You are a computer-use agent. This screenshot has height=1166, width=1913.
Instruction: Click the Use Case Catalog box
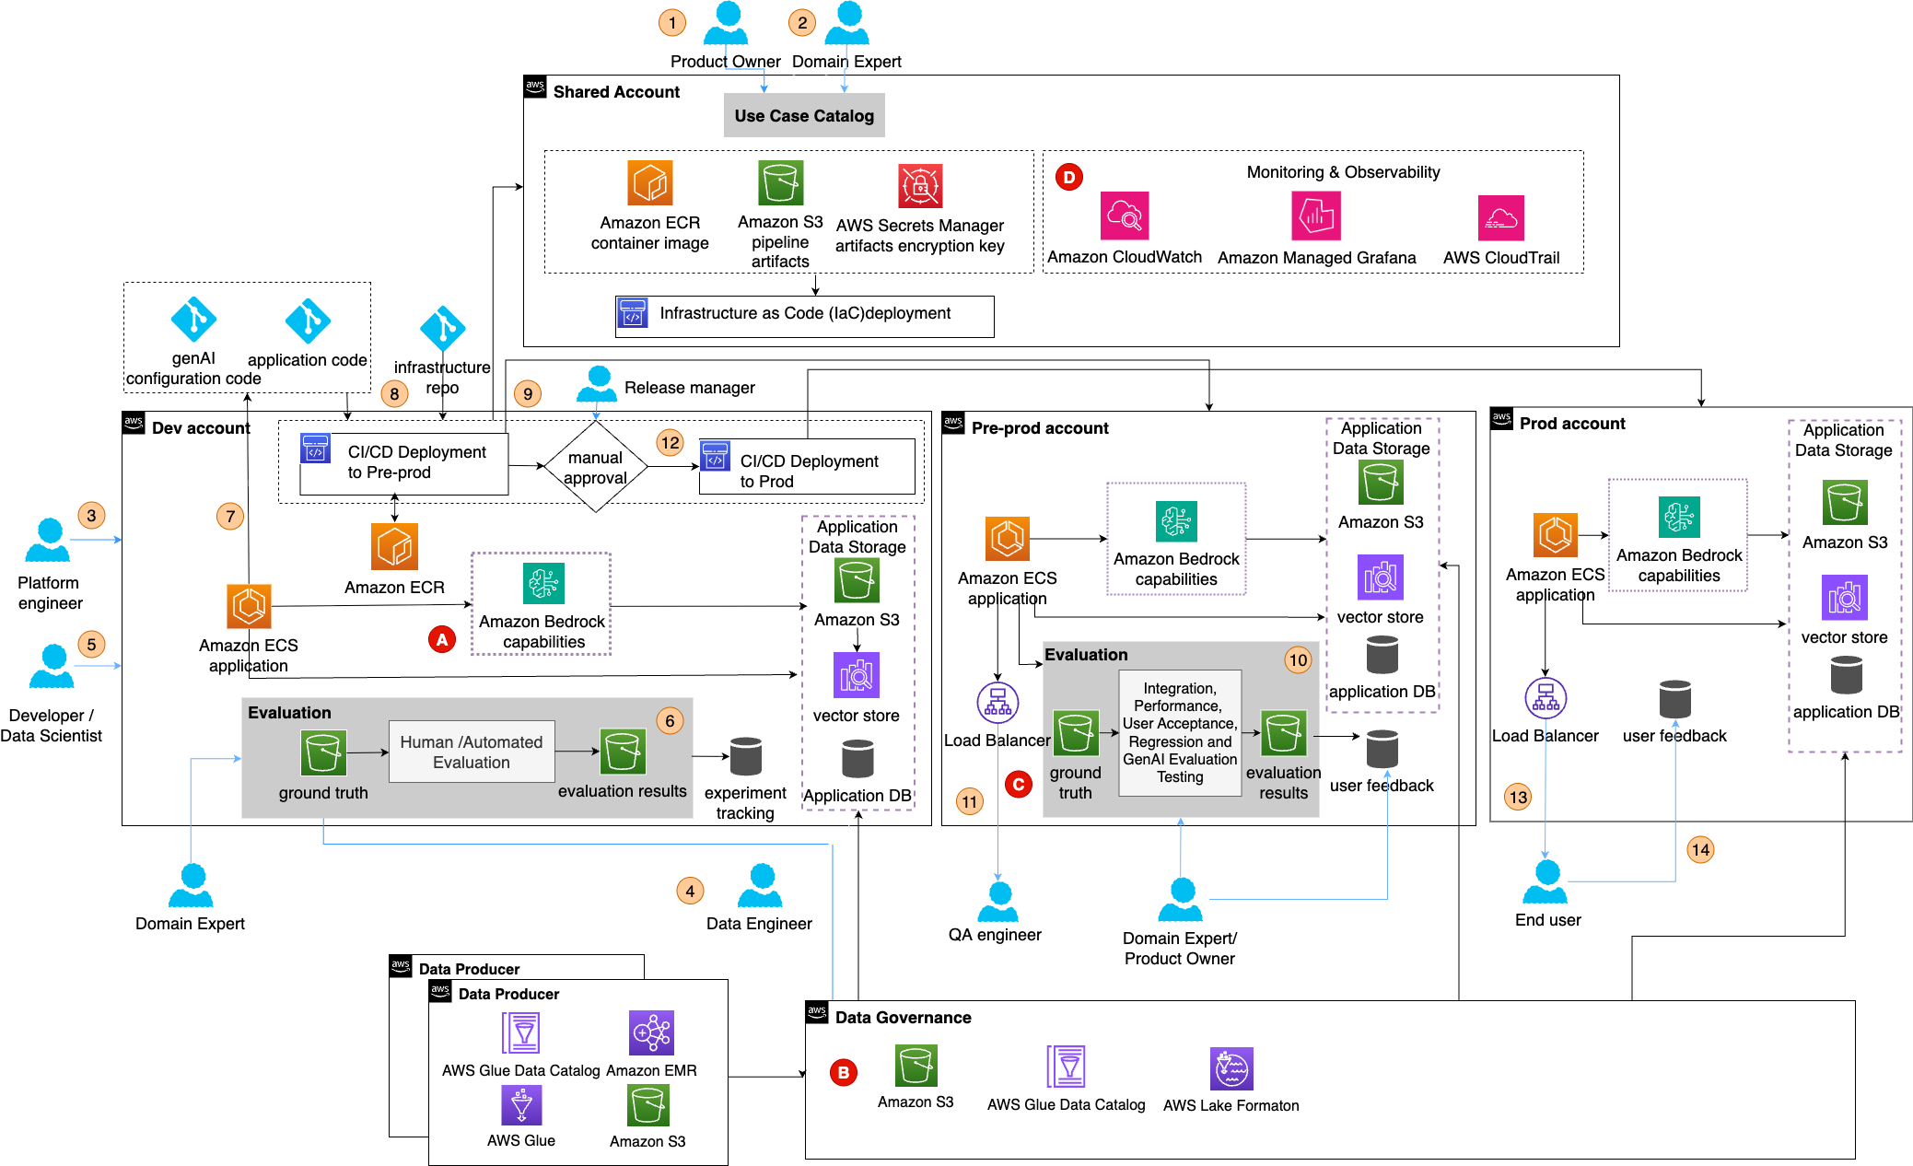coord(803,116)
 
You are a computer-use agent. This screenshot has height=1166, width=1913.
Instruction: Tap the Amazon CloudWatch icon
coord(1124,216)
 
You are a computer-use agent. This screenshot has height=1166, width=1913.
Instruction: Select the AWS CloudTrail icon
coord(1500,218)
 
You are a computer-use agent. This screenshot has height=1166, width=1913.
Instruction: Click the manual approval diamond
coord(596,467)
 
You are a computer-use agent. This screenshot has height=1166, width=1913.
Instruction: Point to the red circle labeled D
coord(1068,177)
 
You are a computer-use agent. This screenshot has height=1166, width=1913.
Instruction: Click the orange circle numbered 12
coord(670,442)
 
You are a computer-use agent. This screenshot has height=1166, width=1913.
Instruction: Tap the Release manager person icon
coord(597,384)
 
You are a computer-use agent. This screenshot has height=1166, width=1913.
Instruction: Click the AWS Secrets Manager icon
coord(919,186)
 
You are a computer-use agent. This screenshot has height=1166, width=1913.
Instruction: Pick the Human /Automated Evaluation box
coord(472,752)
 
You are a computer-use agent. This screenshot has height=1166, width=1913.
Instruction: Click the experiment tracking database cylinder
coord(745,756)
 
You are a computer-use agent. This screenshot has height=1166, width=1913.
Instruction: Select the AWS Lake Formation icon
coord(1231,1069)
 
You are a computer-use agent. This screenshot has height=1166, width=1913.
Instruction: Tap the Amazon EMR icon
coord(651,1032)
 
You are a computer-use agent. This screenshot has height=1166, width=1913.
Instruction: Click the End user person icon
coord(1546,882)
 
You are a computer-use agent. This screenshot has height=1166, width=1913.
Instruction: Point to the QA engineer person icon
coord(997,902)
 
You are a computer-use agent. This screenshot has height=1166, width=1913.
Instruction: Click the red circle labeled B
coord(843,1072)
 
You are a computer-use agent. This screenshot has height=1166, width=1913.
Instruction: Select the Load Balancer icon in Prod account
coord(1545,698)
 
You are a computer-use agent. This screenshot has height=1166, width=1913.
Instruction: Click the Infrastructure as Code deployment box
coord(804,315)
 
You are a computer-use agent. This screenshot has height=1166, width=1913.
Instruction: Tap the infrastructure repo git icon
coord(442,328)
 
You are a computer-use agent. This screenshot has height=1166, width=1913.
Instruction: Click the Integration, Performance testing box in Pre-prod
coord(1179,733)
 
